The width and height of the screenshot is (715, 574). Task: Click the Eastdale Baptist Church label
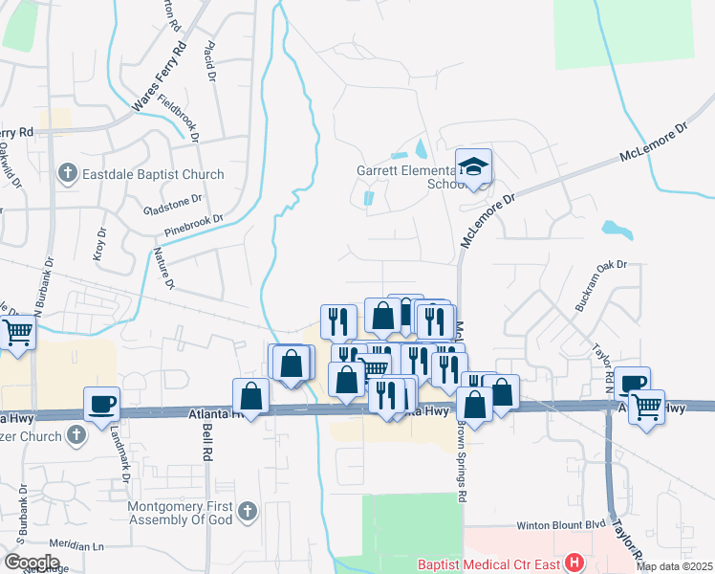[x=153, y=174]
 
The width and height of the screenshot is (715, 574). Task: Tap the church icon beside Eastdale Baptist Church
[x=67, y=174]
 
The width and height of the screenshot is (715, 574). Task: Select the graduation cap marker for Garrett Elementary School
[x=473, y=167]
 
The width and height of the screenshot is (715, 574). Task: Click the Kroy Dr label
[x=100, y=245]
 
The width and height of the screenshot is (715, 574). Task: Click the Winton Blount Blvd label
[x=561, y=525]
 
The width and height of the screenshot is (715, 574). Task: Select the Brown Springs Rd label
[x=463, y=463]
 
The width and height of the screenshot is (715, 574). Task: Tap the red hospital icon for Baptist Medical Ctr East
[x=574, y=563]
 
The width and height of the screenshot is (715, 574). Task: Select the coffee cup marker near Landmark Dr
[x=101, y=403]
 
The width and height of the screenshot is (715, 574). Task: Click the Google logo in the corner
[x=32, y=563]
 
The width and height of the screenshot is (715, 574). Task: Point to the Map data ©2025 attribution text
[x=674, y=566]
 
